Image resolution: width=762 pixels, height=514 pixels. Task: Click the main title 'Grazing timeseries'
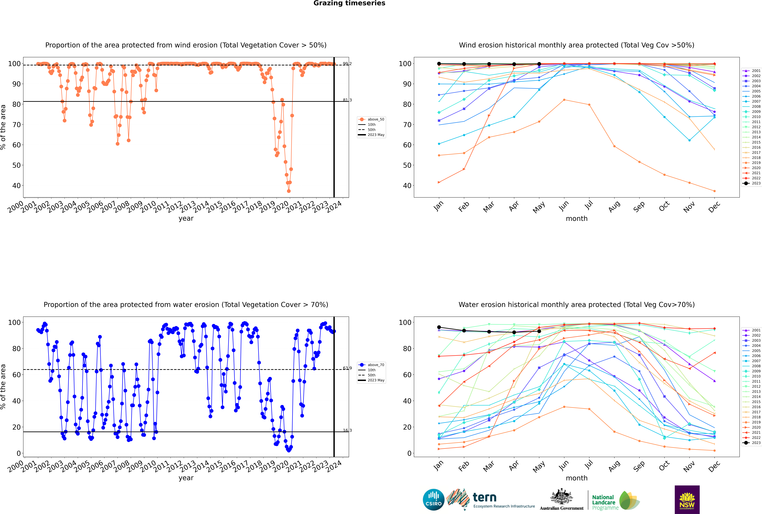[x=349, y=3]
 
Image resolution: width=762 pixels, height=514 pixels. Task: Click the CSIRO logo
[x=433, y=500]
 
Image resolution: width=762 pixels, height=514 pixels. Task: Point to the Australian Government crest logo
[x=562, y=500]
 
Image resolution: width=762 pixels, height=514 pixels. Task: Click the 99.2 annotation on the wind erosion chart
[x=347, y=64]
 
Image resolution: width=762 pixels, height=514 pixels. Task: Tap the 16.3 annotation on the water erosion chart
[x=347, y=430]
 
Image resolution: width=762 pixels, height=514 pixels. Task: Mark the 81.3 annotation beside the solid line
[x=347, y=100]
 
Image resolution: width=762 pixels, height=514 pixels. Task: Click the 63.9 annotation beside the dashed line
[x=347, y=368]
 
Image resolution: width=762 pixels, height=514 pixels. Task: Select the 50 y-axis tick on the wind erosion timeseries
[x=16, y=165]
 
